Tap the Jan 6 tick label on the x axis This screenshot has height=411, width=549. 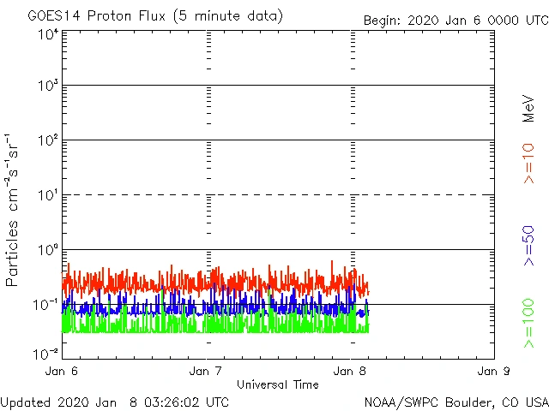point(62,372)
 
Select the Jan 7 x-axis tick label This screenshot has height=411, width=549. point(206,372)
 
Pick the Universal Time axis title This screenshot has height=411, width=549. point(278,384)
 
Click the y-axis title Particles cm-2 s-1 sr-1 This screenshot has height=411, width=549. point(14,210)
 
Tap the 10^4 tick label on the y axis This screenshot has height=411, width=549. point(47,34)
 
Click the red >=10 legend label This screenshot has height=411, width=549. point(528,163)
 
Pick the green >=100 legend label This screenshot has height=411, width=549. point(528,324)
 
